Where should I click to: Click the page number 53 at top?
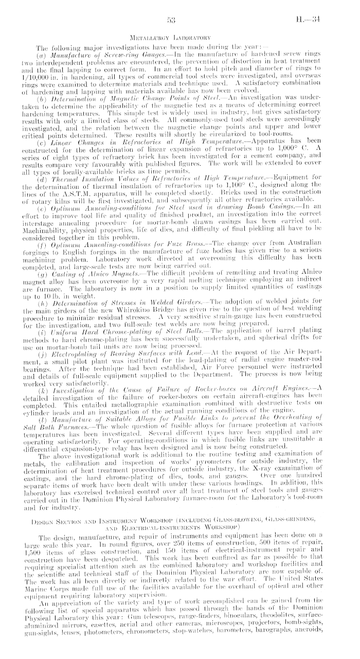click(172, 21)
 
